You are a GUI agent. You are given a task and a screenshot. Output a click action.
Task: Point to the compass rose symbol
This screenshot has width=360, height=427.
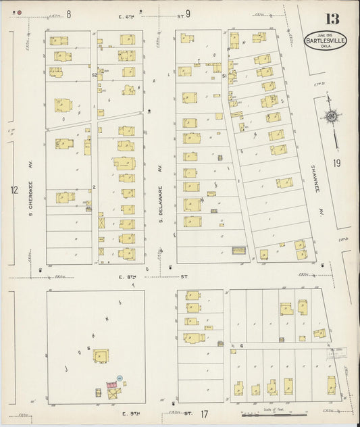tap(332, 118)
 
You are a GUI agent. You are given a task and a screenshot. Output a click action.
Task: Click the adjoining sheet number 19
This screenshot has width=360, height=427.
tap(336, 163)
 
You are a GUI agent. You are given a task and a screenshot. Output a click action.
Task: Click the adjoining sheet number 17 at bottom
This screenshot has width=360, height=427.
tap(204, 413)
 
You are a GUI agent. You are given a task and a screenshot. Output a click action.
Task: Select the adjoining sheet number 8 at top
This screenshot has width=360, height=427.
tap(68, 13)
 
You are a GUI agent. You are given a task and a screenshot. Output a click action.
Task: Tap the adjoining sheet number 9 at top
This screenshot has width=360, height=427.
tap(188, 13)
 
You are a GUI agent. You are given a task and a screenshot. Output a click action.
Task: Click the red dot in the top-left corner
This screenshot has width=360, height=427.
tap(19, 12)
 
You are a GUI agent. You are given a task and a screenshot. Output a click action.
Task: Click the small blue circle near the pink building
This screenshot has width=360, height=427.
tap(120, 377)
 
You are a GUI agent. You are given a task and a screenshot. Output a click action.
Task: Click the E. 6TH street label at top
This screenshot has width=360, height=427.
tap(126, 15)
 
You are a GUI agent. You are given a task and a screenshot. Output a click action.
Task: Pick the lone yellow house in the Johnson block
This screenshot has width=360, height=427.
tap(101, 355)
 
